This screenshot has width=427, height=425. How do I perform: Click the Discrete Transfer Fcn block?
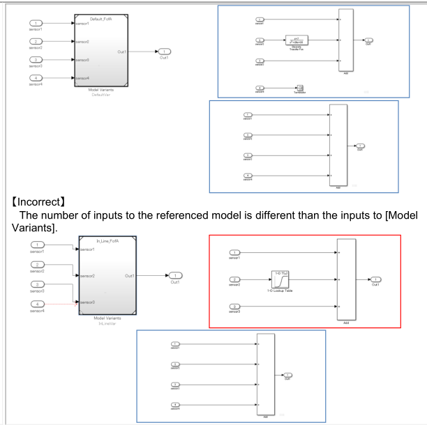297,40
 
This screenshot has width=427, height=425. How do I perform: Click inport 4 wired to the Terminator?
260,88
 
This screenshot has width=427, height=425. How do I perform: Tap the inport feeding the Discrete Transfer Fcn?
260,40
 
